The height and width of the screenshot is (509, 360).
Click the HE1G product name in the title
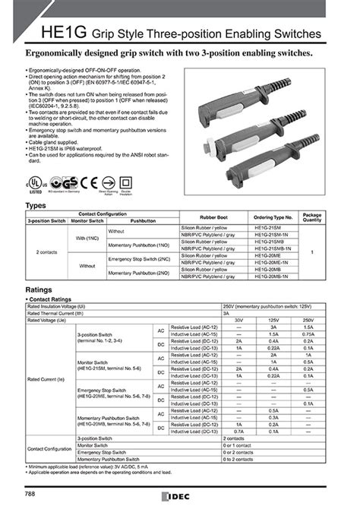(50, 33)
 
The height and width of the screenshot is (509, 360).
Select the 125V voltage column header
(272, 321)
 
